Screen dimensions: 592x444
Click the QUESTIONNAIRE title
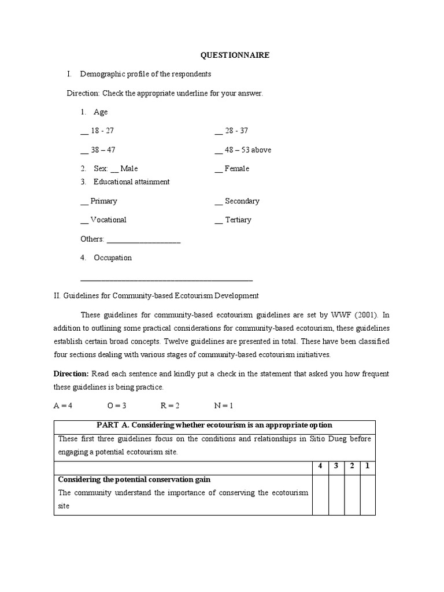(x=235, y=55)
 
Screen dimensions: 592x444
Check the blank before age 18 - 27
(x=84, y=131)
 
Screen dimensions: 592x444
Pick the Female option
(x=219, y=169)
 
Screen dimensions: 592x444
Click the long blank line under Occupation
(x=166, y=278)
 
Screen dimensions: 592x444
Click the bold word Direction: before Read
(x=71, y=374)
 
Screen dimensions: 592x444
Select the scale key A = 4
(x=63, y=405)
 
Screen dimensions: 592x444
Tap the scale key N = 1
(x=224, y=405)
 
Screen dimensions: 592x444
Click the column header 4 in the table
(x=320, y=466)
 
